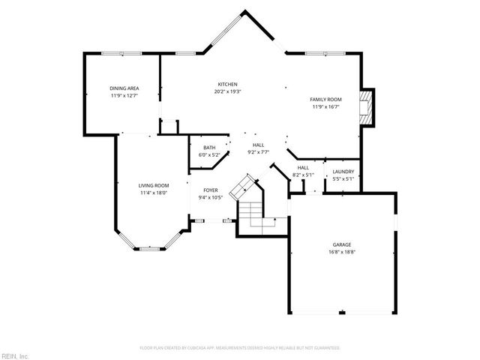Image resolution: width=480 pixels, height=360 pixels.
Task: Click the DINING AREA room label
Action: click(124, 88)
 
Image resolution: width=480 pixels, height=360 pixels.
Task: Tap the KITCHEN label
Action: click(228, 84)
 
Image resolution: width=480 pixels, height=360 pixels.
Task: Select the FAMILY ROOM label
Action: click(326, 99)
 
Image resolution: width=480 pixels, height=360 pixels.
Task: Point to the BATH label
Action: click(209, 148)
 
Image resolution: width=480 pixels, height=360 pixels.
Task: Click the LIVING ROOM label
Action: click(153, 185)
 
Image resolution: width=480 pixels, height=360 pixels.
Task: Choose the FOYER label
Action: click(211, 190)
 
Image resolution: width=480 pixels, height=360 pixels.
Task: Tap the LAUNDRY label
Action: click(343, 171)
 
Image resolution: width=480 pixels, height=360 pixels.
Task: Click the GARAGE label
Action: click(342, 244)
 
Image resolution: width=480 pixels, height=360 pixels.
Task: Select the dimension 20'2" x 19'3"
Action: click(228, 91)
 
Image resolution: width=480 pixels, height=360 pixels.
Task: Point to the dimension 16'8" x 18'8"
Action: click(342, 252)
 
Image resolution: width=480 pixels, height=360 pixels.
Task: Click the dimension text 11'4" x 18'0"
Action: click(153, 193)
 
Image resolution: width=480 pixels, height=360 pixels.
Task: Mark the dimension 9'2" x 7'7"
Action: click(258, 152)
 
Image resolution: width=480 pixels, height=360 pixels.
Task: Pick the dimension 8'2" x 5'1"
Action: click(303, 175)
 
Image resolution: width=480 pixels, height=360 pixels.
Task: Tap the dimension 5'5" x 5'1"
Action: click(343, 178)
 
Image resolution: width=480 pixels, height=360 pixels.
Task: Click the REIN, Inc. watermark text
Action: click(14, 355)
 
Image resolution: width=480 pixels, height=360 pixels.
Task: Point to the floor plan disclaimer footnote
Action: click(240, 348)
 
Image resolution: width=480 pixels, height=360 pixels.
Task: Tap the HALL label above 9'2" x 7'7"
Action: click(258, 145)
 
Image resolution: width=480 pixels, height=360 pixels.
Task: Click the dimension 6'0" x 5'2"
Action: click(209, 155)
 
